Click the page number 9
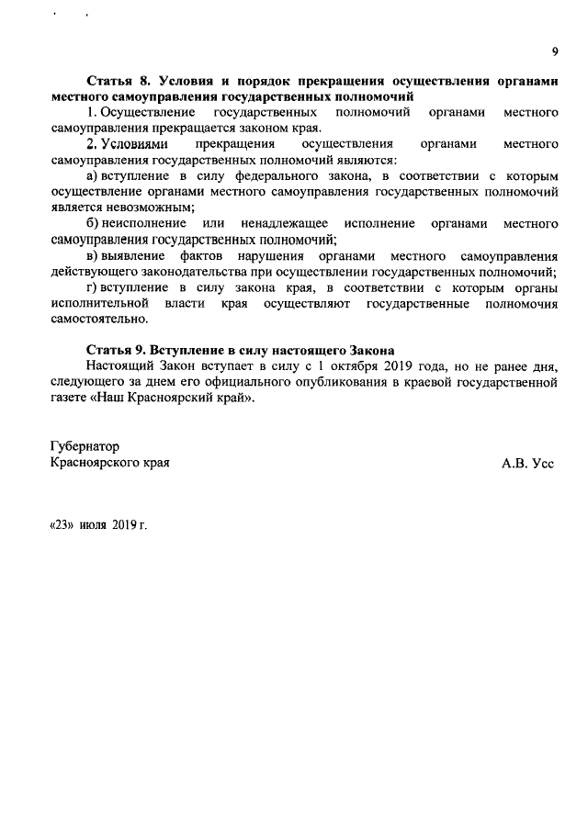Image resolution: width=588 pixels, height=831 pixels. click(x=555, y=51)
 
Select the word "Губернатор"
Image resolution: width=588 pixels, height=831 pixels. click(x=85, y=445)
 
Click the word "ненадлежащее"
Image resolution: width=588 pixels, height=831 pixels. click(x=284, y=223)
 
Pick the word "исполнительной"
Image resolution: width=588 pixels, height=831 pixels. click(x=99, y=303)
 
